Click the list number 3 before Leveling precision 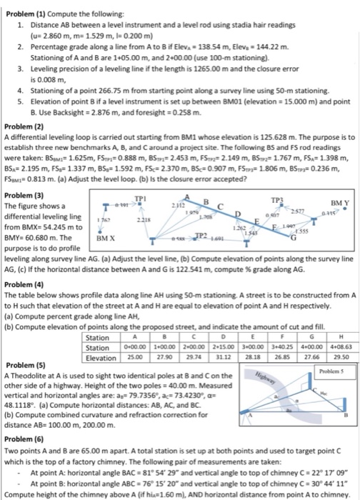tap(21, 63)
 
